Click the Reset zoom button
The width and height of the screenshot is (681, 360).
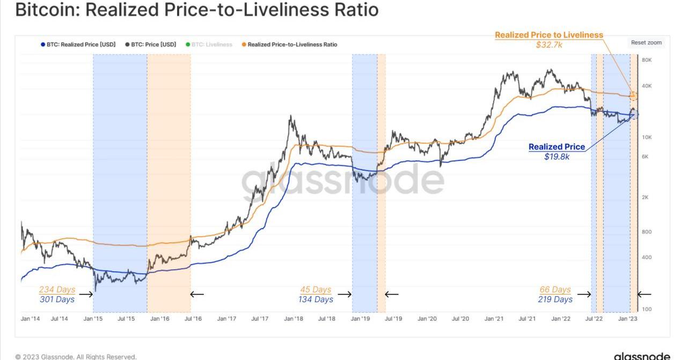point(646,43)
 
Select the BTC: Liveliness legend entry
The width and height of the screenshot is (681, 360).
point(211,45)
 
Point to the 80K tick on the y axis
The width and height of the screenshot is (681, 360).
point(647,60)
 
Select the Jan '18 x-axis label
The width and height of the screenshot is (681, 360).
point(293,319)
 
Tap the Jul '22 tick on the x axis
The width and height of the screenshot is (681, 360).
point(594,319)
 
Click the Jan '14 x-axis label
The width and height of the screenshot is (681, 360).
point(30,319)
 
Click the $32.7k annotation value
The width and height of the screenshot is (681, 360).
point(549,45)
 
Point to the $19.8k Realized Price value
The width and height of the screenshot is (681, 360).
point(557,156)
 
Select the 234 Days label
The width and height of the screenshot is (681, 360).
point(57,290)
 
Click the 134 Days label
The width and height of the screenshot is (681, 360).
point(316,299)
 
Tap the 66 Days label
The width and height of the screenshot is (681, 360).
point(555,290)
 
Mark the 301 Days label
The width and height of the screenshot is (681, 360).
point(57,299)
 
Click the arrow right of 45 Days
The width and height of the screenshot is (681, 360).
point(344,294)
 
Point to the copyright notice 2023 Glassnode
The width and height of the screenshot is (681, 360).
point(76,356)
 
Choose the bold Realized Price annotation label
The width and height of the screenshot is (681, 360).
point(556,147)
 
